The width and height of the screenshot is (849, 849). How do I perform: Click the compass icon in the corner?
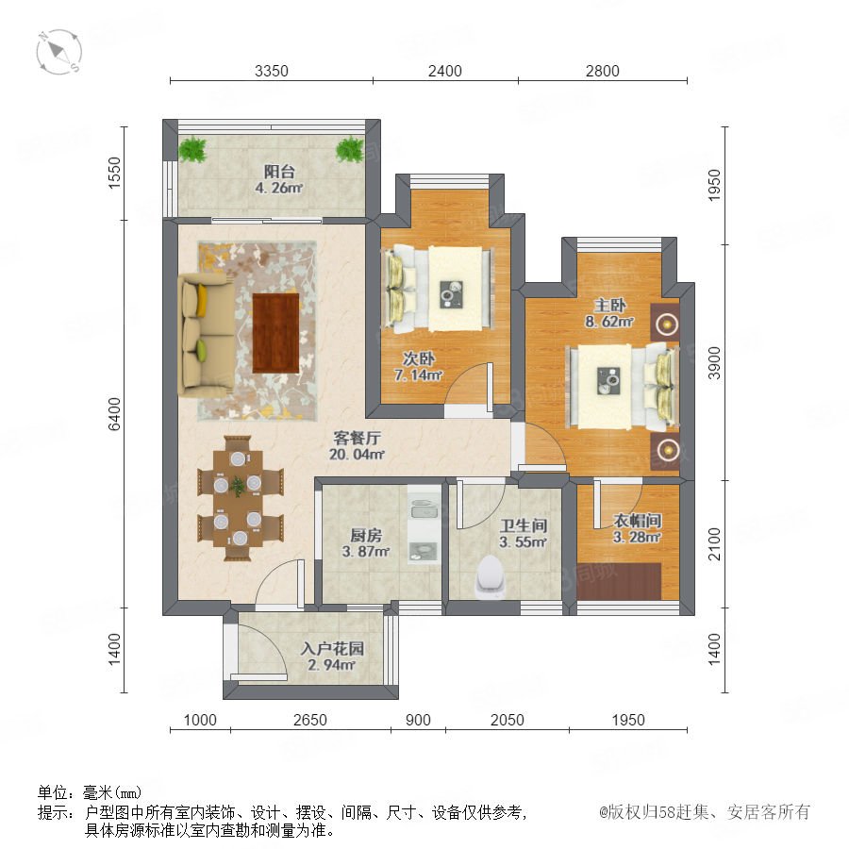(x=59, y=52)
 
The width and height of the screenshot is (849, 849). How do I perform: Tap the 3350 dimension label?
(x=272, y=71)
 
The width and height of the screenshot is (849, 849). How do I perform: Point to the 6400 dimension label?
(x=115, y=414)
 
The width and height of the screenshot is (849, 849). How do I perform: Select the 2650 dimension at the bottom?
(x=310, y=720)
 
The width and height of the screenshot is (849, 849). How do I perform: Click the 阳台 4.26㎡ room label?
(x=279, y=180)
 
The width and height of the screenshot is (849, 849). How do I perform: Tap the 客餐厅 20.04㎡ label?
(x=357, y=445)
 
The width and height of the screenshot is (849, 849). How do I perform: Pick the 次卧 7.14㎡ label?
(x=419, y=367)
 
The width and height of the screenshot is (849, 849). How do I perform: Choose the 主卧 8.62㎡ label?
(x=609, y=313)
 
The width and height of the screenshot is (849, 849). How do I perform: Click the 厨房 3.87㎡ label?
(x=366, y=543)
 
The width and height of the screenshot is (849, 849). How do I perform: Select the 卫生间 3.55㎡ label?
(x=523, y=534)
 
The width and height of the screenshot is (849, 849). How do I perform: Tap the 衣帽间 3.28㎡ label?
(x=637, y=529)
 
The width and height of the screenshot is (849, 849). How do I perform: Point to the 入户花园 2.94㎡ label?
(x=332, y=657)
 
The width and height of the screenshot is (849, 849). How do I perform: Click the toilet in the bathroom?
(x=491, y=576)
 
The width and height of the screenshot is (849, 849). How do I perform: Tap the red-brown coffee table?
(x=276, y=333)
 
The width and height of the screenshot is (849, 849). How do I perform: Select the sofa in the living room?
(x=207, y=335)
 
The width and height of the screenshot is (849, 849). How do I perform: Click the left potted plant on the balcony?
(x=192, y=149)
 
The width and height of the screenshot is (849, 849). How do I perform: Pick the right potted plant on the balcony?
(x=350, y=149)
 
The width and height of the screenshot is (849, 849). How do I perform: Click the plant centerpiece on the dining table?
(x=237, y=486)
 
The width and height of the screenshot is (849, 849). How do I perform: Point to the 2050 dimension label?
(x=508, y=720)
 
